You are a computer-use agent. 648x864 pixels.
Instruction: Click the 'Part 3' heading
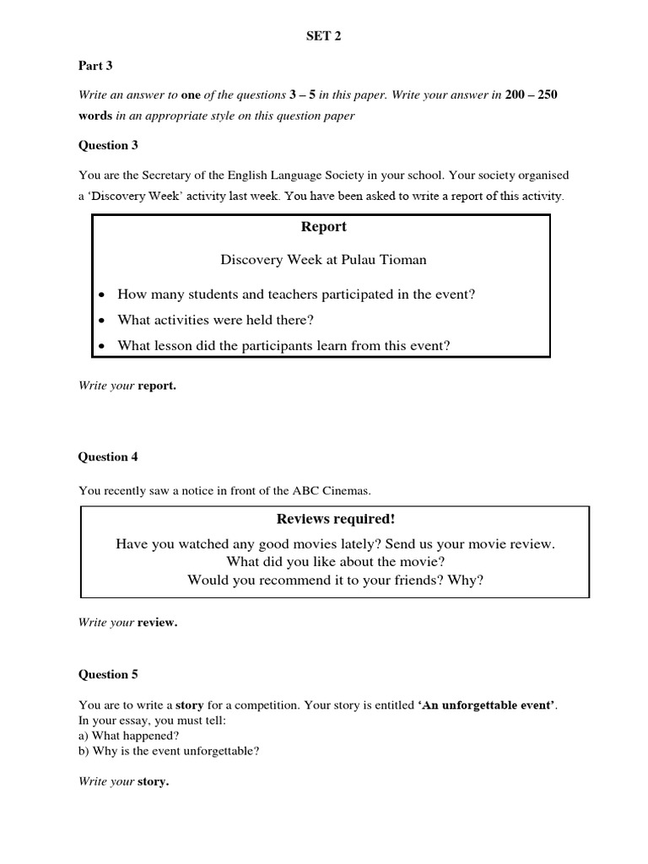coord(95,65)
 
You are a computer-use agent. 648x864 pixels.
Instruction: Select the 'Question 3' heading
coord(108,145)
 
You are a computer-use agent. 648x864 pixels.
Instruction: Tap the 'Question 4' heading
coord(108,457)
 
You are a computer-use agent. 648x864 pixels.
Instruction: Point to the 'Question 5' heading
coord(108,674)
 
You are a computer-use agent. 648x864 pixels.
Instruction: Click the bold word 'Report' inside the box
coord(324,227)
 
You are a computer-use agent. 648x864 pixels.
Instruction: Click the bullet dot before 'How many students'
coord(102,295)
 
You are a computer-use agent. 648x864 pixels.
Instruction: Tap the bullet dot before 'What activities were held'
coord(102,321)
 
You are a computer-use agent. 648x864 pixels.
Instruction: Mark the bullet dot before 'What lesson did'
coord(102,346)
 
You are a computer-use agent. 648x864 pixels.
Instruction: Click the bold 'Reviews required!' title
coord(335,518)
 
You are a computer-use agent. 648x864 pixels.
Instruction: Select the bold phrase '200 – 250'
coord(531,94)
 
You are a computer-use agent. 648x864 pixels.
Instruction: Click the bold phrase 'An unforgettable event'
coord(488,705)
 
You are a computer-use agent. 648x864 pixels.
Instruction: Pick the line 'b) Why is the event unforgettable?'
coord(169,750)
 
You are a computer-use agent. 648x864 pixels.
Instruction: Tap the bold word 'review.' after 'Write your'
coord(157,623)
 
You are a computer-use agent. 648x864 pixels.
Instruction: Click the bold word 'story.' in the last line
coord(153,781)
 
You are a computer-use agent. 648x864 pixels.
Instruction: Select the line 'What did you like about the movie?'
coord(335,562)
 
